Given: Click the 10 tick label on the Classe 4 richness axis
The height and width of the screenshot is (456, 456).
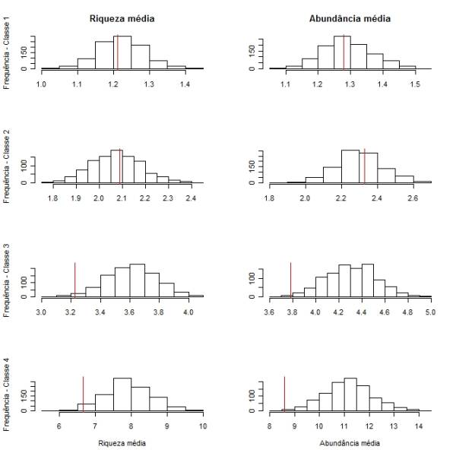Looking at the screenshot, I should click(203, 426).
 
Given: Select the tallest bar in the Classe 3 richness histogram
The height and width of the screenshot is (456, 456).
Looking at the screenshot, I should click(137, 280).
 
